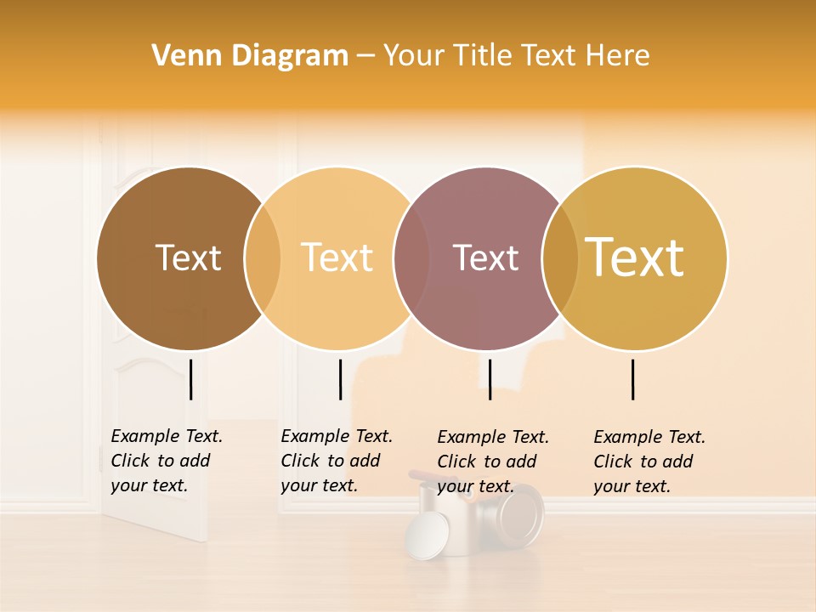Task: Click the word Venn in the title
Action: coord(181,56)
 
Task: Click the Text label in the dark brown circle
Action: coord(188,258)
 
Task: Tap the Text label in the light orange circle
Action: coord(337,258)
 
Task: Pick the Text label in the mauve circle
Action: coord(485,258)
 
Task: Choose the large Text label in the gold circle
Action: coord(635,258)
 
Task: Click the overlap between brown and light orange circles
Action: coord(263,258)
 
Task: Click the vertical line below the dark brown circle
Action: coord(191,379)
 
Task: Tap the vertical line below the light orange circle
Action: coord(340,379)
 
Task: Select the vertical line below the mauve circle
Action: coord(490,379)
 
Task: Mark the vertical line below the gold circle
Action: coord(633,379)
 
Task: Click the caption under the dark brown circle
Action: coord(166,461)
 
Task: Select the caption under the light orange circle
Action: coord(336,461)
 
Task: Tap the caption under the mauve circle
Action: coord(493,462)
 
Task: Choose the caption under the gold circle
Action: coord(649,462)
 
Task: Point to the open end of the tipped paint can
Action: coord(519,513)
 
